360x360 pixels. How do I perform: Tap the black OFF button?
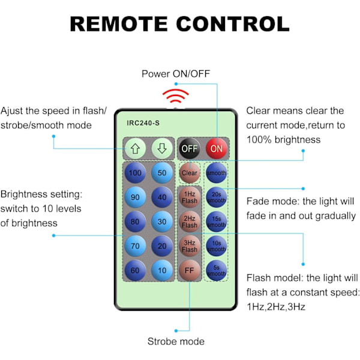(190, 148)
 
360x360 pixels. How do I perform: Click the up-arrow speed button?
(135, 148)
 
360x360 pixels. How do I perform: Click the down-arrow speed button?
(161, 148)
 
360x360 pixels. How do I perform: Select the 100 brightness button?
(135, 173)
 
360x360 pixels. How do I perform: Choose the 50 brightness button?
(161, 173)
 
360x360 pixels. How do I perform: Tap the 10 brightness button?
(161, 269)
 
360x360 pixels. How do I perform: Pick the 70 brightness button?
(135, 245)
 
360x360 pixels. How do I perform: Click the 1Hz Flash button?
(190, 197)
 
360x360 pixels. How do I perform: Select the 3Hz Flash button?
(190, 245)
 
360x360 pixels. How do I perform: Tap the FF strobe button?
(190, 269)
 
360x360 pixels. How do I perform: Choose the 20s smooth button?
(217, 197)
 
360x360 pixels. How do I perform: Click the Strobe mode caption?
(176, 341)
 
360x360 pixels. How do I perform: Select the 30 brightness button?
(161, 221)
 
